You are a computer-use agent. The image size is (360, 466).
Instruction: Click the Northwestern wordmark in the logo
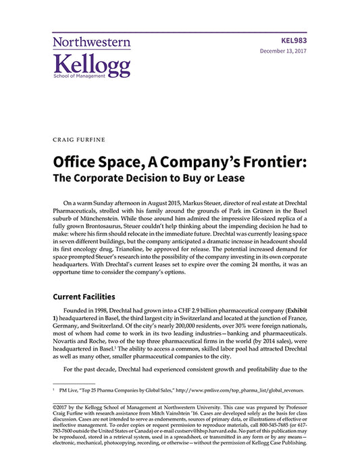(x=91, y=42)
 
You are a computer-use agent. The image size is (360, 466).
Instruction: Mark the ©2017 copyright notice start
(x=62, y=408)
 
